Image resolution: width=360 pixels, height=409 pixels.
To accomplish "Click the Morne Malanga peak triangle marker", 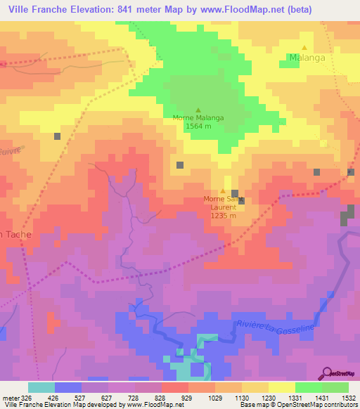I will [198, 110].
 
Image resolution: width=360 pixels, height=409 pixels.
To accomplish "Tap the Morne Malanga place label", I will [198, 118].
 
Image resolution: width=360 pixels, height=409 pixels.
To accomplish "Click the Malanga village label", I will [307, 58].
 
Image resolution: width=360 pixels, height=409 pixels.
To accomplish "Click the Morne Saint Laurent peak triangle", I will [224, 191].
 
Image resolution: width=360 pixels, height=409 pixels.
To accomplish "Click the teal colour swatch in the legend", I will [41, 387].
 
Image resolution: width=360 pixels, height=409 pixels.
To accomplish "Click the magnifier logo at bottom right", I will [328, 374].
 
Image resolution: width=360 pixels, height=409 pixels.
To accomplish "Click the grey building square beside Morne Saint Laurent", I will [236, 193].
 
